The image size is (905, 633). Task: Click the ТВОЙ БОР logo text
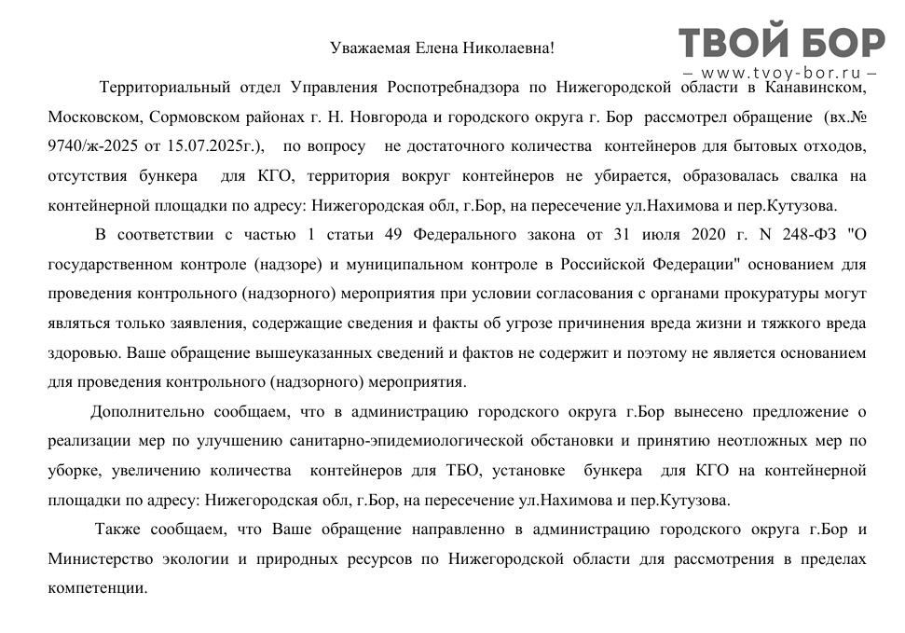tap(781, 43)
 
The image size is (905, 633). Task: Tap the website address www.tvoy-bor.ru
tap(781, 73)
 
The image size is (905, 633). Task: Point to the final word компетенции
tap(96, 589)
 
